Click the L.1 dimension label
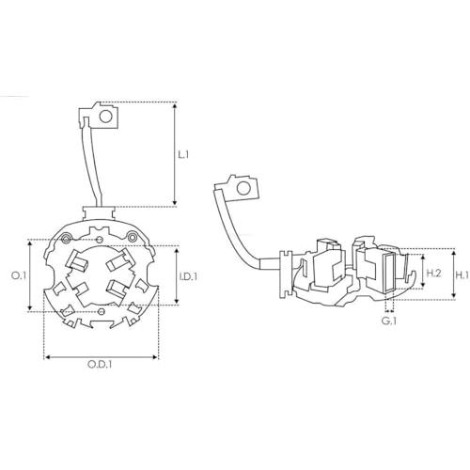tap(183, 154)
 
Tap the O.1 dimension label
tap(17, 275)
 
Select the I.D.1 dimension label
tap(188, 276)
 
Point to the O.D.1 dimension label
tap(100, 365)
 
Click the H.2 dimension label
tap(434, 274)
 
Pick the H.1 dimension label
tap(462, 275)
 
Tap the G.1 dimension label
tap(389, 321)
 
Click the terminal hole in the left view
tap(105, 117)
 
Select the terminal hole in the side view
tap(243, 188)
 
